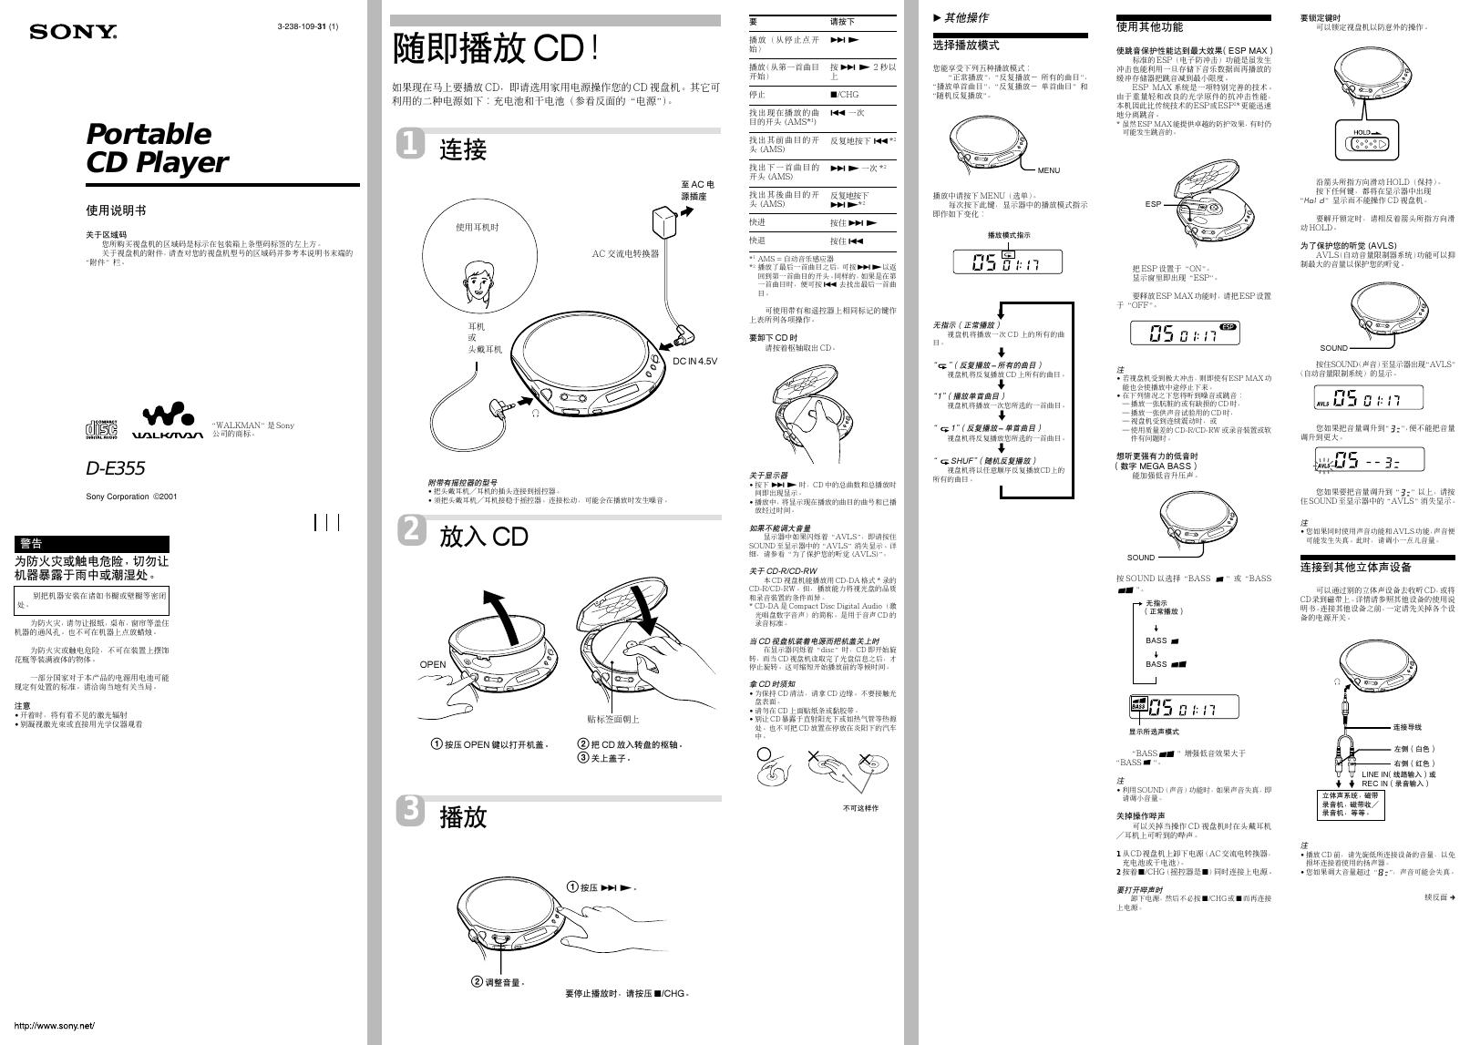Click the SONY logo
tap(73, 33)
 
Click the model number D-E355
tap(115, 468)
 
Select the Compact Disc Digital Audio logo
tap(101, 427)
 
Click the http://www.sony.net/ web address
tap(55, 1026)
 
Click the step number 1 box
tap(411, 144)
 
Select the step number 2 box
tap(411, 530)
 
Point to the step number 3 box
tap(411, 810)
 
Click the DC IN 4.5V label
tap(694, 362)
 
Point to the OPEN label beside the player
tap(433, 664)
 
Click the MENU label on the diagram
tap(1048, 170)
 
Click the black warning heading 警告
tap(31, 544)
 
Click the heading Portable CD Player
tap(156, 148)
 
